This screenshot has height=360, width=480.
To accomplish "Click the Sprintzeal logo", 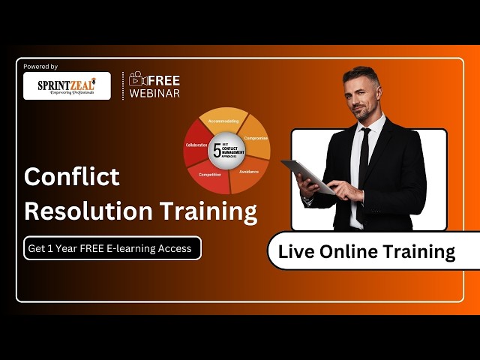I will (x=67, y=86).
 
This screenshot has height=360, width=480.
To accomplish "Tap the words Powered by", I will (x=40, y=67).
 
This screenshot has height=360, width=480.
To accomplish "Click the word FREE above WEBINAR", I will (x=163, y=80).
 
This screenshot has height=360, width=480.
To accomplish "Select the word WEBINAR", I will (x=154, y=93).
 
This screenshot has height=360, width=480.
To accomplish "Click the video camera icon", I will (x=136, y=79).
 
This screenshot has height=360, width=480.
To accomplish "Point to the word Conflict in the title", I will (x=72, y=176).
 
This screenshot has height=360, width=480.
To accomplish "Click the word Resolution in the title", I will (x=82, y=211).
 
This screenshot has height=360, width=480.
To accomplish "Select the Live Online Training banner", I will (x=367, y=252).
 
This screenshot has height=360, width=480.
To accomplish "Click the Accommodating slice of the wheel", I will (x=223, y=121).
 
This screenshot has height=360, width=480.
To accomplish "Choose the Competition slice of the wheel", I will (x=210, y=177).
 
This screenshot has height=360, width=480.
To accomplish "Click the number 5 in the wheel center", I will (x=217, y=149).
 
